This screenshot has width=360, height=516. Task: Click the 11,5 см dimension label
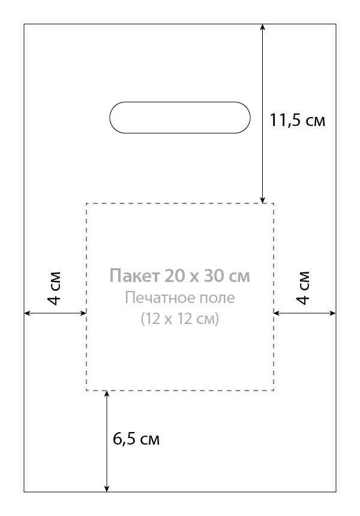tap(297, 120)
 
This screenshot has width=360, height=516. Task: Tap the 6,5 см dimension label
tap(136, 439)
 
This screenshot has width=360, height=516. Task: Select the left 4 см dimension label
tap(53, 288)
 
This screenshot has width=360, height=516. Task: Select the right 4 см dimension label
tap(303, 288)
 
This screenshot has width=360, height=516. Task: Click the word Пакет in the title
tap(134, 275)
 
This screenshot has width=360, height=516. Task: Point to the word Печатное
tap(158, 298)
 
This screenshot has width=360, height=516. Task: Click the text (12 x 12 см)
tap(179, 319)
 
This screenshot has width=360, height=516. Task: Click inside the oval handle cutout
tap(179, 118)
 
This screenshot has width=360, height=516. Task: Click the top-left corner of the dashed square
tap(86, 203)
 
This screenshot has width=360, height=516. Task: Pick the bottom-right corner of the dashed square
tap(274, 390)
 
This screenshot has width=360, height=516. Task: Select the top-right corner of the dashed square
tap(274, 203)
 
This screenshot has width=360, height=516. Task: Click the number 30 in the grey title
tap(214, 275)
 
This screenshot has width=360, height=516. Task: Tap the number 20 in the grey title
tap(175, 275)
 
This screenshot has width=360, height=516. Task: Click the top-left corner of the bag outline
tap(24, 24)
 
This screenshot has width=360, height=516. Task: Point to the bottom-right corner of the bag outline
tap(336, 492)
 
